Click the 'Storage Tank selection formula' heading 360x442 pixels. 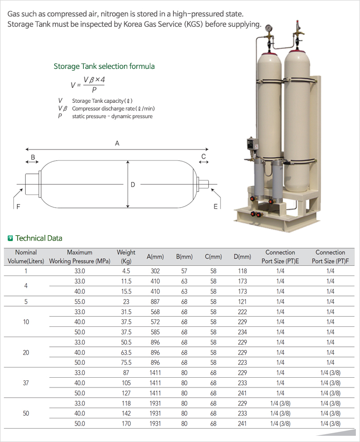point(104,66)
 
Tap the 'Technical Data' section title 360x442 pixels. point(39,238)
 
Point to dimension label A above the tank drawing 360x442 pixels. point(117,143)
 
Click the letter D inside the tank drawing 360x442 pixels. point(133,185)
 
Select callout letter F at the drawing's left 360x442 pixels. point(19,207)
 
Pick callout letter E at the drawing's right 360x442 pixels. point(215,207)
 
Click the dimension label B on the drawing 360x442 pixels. point(33,157)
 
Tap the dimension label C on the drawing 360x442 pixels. point(204,156)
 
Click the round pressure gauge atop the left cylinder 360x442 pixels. point(268,28)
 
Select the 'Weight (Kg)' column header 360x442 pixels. point(126,256)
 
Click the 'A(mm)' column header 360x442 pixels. point(155,256)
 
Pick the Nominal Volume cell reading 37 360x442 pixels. point(26,383)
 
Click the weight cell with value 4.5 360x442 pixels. point(126,271)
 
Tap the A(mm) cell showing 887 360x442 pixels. point(155,302)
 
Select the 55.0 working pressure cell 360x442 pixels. point(80,302)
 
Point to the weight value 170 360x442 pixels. point(126,423)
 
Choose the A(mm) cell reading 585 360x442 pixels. point(155,332)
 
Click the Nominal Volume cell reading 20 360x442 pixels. point(26,353)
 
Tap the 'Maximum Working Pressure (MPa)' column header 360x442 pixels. point(80,256)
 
